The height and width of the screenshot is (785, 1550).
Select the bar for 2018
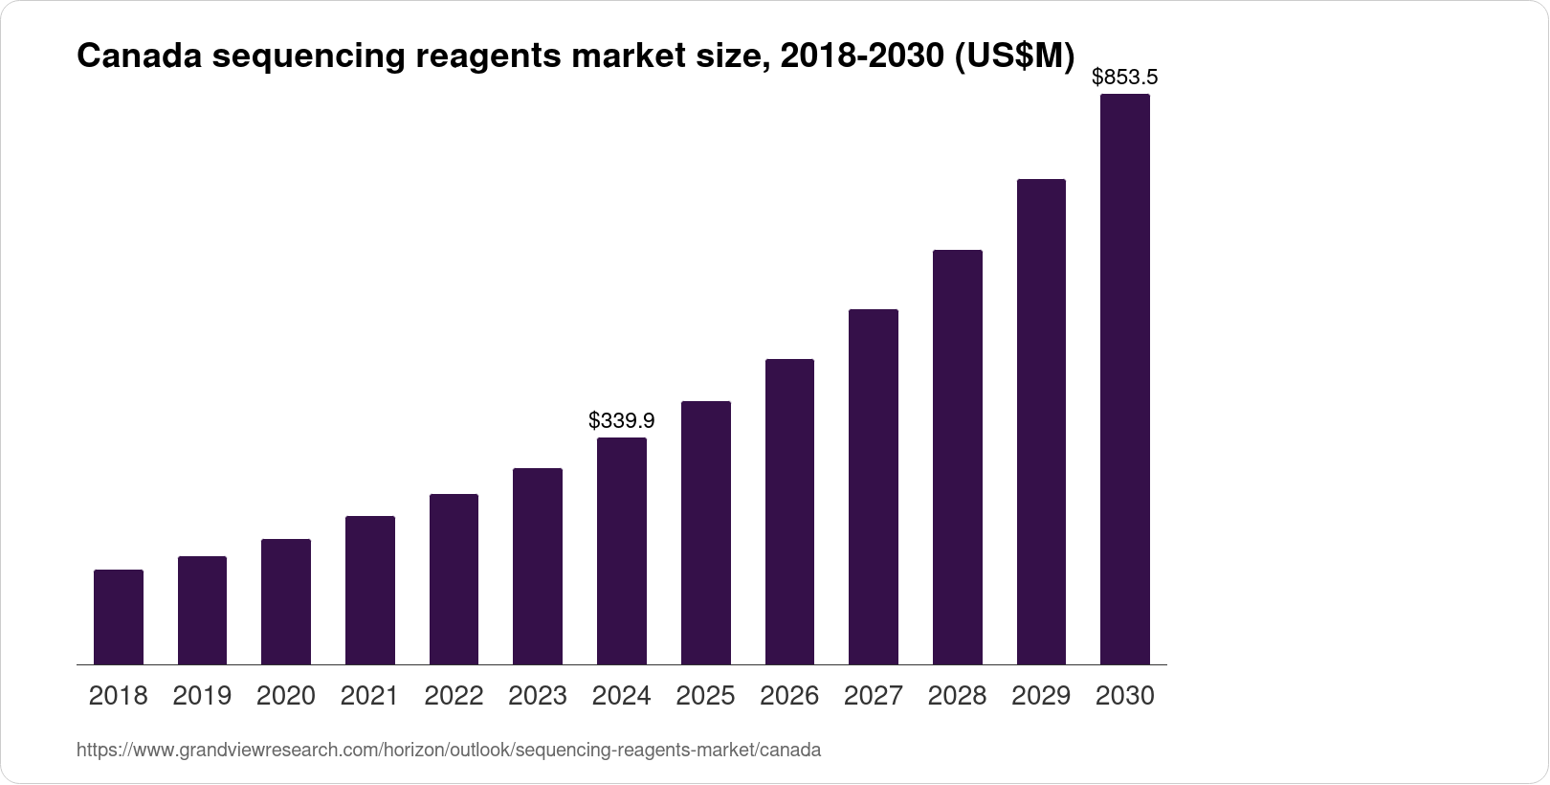tap(119, 617)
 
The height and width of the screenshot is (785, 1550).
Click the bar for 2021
tap(370, 590)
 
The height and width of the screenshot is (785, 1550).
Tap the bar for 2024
tap(622, 550)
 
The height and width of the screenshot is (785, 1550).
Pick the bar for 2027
tap(874, 486)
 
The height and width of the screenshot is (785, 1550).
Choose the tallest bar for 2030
tap(1125, 379)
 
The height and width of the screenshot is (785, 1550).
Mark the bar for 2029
tap(1041, 421)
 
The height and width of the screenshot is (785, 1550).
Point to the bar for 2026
tap(789, 511)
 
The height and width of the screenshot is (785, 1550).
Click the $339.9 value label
tap(622, 420)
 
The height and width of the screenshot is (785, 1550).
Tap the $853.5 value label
tap(1125, 77)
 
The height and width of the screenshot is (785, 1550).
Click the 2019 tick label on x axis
tap(202, 696)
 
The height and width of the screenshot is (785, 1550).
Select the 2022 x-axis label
tap(454, 696)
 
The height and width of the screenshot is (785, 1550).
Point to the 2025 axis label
tap(705, 696)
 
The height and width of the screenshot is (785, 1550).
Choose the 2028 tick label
tap(957, 696)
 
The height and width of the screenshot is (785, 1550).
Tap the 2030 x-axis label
tap(1125, 696)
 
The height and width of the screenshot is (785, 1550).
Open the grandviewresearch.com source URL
tap(448, 751)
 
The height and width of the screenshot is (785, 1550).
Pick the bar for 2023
tap(538, 566)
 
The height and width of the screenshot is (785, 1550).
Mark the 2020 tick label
tap(286, 696)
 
